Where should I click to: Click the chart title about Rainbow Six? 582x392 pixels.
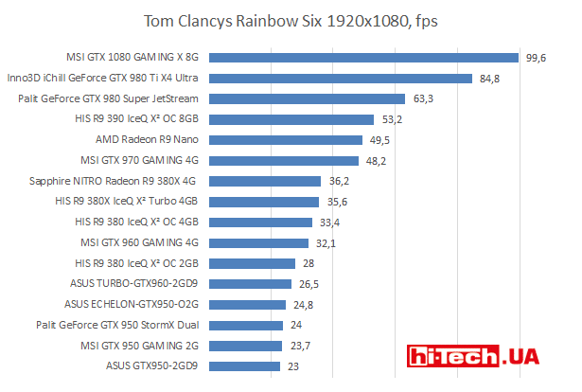point(291,21)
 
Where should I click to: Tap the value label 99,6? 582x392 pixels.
point(538,58)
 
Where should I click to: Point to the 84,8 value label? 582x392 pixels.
point(490,79)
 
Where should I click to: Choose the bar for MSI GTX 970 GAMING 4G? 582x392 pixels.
point(289,160)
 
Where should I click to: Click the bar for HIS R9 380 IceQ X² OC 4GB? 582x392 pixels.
point(266,222)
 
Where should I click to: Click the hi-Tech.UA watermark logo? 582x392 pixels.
point(472,357)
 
